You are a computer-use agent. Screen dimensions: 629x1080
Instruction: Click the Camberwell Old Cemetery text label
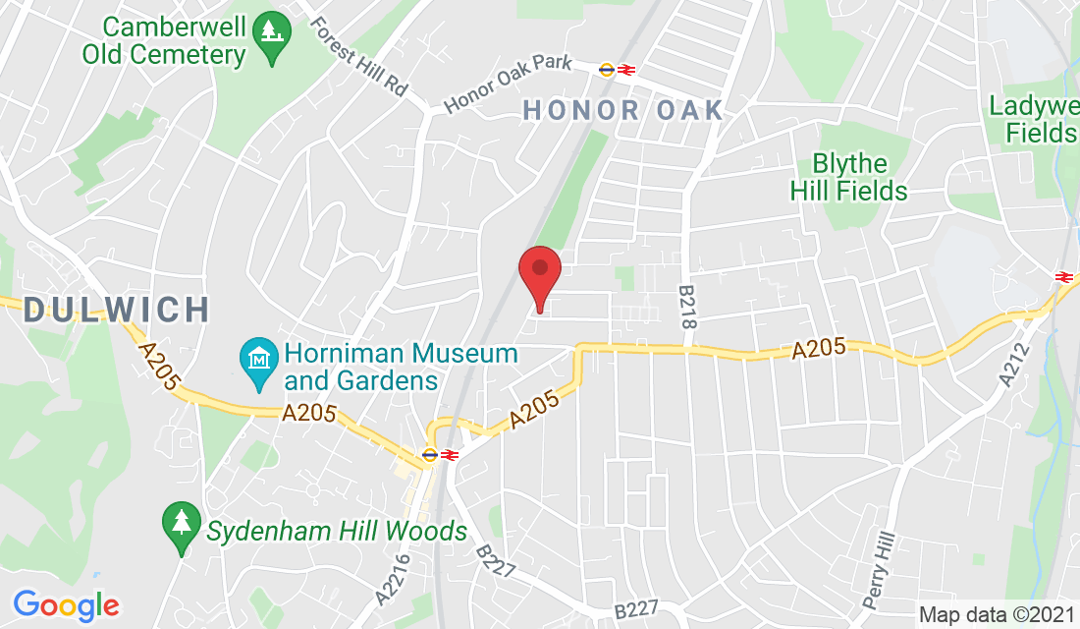(x=165, y=40)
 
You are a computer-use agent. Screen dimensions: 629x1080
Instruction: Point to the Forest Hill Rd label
(x=358, y=56)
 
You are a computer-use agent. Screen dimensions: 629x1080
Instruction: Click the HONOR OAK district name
(x=623, y=110)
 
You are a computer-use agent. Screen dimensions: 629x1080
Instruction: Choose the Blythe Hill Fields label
(x=849, y=177)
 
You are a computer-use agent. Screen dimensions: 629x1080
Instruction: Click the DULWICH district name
(x=117, y=311)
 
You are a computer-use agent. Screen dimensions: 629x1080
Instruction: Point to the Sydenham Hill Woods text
(x=337, y=533)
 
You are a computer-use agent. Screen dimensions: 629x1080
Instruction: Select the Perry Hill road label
(x=880, y=570)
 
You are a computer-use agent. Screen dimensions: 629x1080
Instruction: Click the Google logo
(x=66, y=604)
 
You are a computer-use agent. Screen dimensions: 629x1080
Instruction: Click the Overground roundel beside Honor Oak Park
(x=607, y=69)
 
